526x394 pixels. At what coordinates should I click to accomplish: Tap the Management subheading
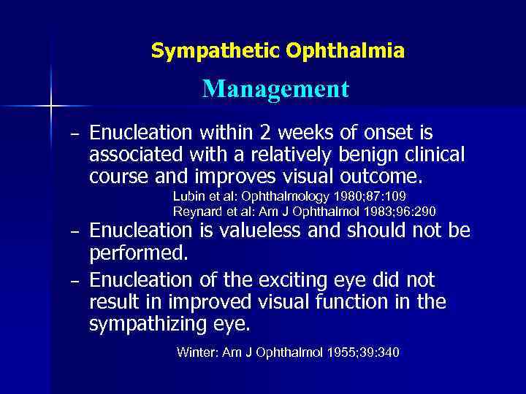pos(276,89)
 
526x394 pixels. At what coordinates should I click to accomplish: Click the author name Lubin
pos(188,197)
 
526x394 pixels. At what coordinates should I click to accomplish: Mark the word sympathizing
pos(152,323)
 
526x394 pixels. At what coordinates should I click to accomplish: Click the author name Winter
pos(195,353)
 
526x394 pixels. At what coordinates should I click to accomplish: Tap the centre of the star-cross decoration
pos(51,107)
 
